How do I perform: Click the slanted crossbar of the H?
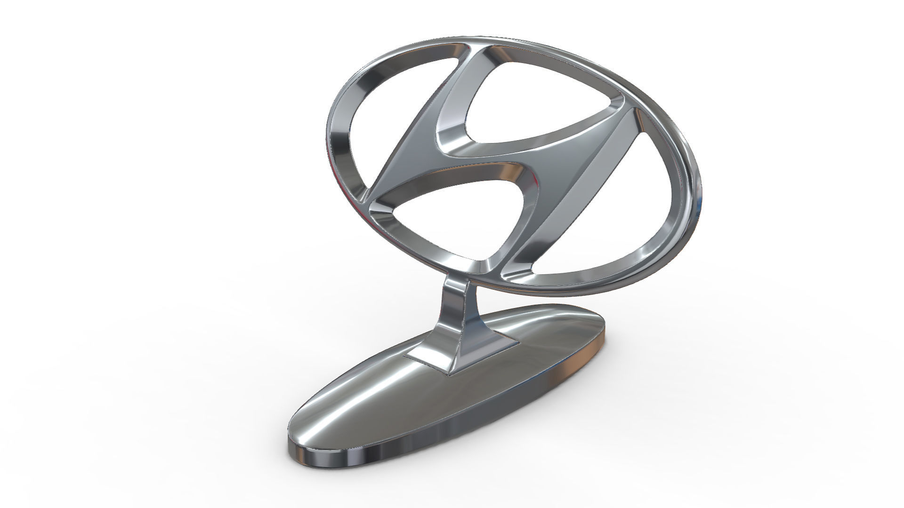click(490, 155)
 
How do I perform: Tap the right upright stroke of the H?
click(579, 188)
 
